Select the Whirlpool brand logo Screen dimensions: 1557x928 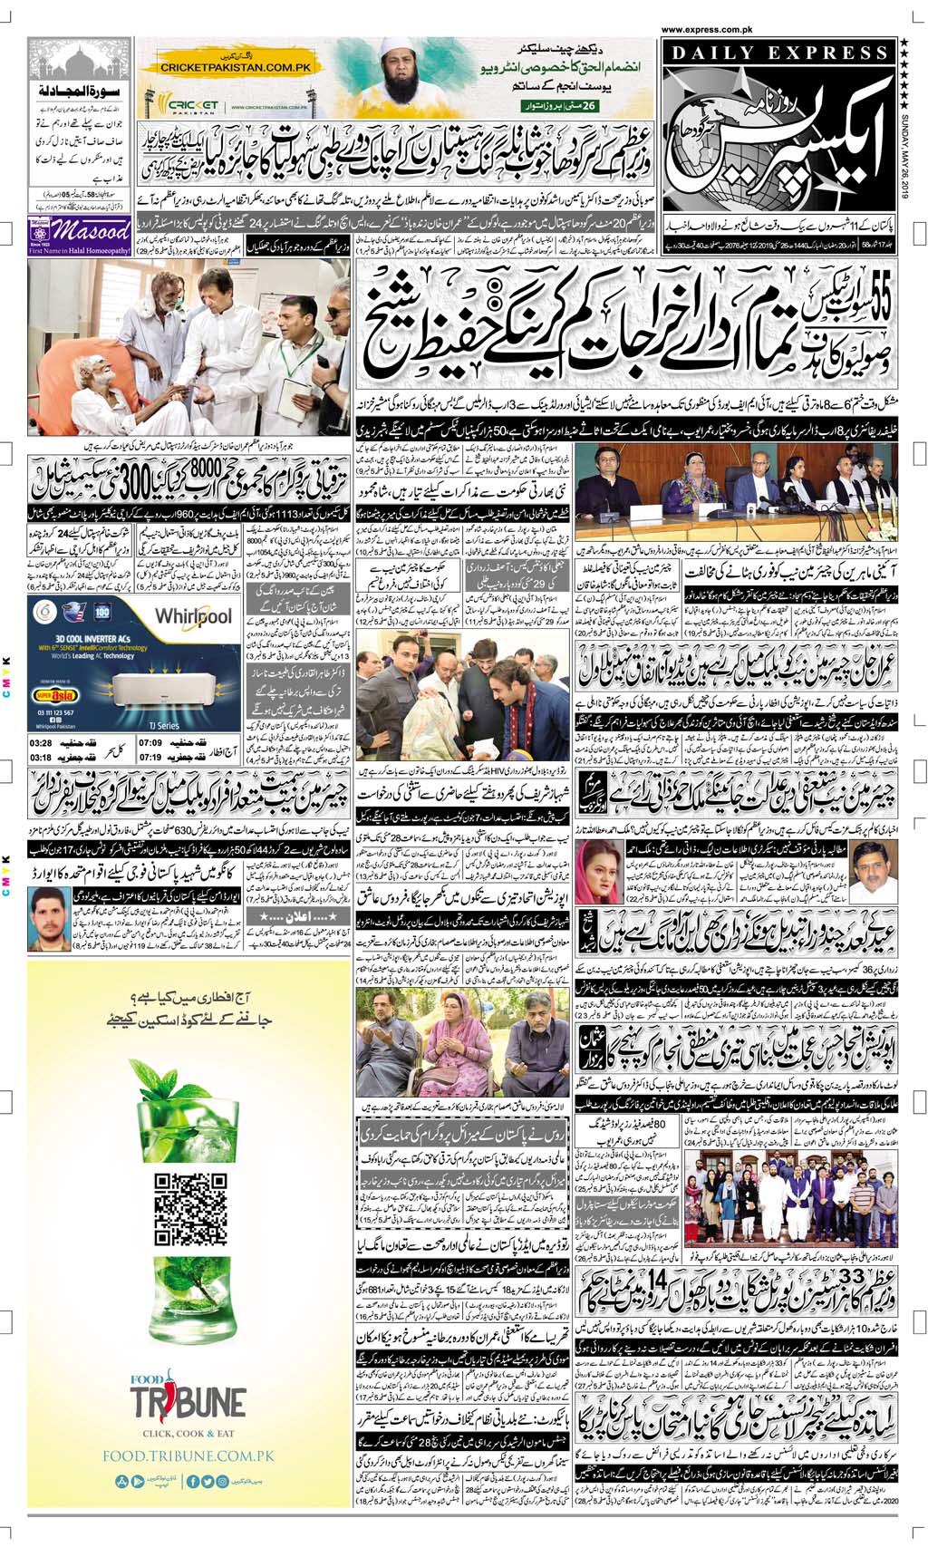point(193,617)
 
